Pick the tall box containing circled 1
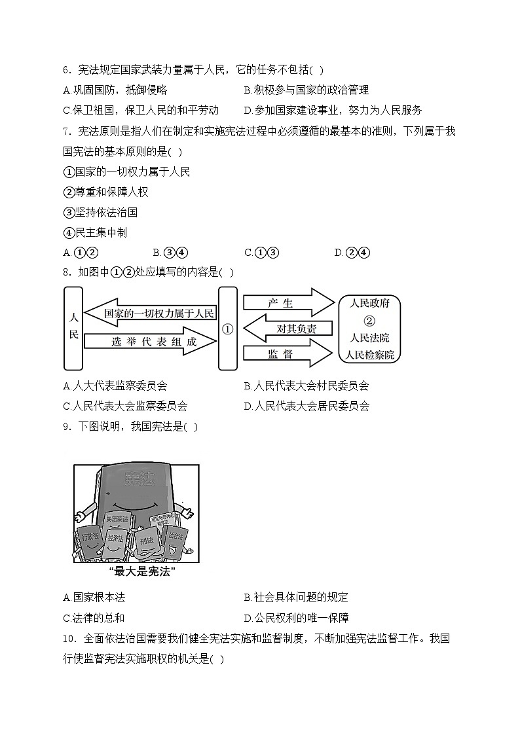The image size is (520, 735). [227, 329]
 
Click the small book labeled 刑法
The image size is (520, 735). [146, 541]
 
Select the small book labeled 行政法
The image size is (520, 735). [90, 537]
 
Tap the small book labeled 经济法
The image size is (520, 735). [116, 539]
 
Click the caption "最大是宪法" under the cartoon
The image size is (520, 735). [136, 571]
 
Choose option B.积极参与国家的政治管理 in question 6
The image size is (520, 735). [306, 90]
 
